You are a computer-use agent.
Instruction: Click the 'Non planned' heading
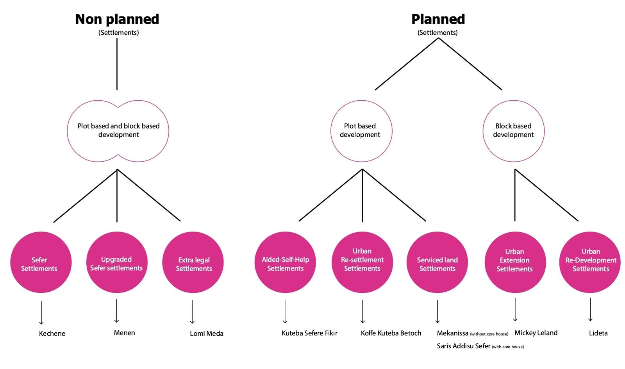pyautogui.click(x=117, y=19)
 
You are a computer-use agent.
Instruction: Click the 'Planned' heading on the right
pyautogui.click(x=438, y=19)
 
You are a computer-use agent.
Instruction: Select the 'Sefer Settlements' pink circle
pyautogui.click(x=41, y=262)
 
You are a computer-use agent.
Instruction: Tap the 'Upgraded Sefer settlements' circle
pyautogui.click(x=117, y=262)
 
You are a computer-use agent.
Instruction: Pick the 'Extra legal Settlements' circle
pyautogui.click(x=193, y=262)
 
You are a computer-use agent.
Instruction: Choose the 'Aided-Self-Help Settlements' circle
pyautogui.click(x=285, y=262)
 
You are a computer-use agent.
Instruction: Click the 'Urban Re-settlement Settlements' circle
pyautogui.click(x=362, y=262)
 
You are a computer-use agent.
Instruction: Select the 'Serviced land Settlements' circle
pyautogui.click(x=437, y=262)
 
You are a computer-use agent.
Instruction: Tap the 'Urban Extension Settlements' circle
pyautogui.click(x=515, y=262)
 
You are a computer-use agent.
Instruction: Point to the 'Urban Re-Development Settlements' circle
pyautogui.click(x=590, y=262)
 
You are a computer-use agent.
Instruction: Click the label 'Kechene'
pyautogui.click(x=52, y=333)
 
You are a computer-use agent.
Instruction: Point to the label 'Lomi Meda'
pyautogui.click(x=207, y=333)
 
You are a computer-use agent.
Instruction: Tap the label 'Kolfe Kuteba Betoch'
pyautogui.click(x=391, y=333)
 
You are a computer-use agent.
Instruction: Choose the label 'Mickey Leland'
pyautogui.click(x=536, y=333)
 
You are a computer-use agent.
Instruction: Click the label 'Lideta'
pyautogui.click(x=598, y=333)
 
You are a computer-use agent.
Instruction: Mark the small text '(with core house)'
pyautogui.click(x=508, y=347)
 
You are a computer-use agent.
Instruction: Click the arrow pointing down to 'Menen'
pyautogui.click(x=117, y=311)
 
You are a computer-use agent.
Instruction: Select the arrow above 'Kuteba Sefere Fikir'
pyautogui.click(x=285, y=312)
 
